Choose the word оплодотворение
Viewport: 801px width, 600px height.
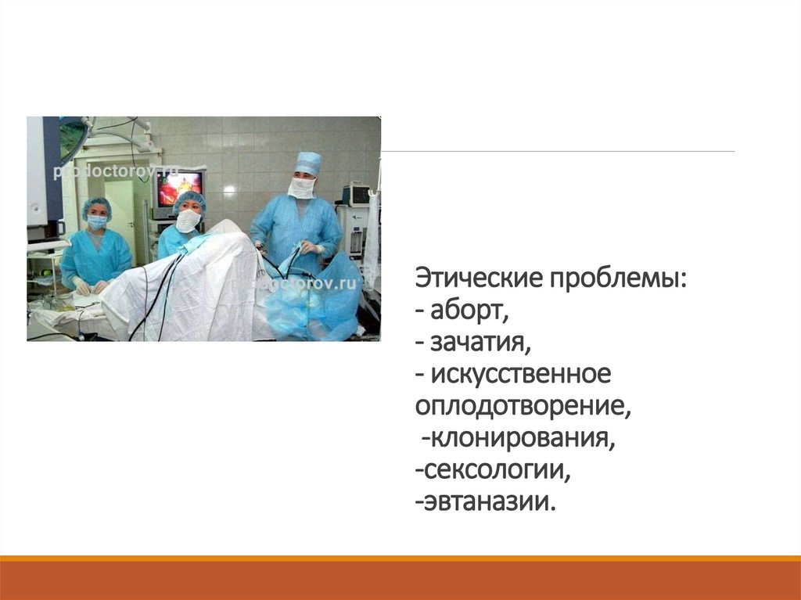[523, 407]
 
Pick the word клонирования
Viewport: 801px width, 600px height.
[518, 438]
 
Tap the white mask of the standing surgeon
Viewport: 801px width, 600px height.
[301, 188]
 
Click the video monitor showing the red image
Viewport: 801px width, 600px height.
[180, 188]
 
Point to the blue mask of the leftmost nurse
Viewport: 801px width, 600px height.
[97, 222]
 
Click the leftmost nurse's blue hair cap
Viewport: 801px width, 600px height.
[96, 206]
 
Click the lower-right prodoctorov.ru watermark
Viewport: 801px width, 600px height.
[313, 284]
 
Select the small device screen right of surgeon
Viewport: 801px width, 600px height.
[357, 195]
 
